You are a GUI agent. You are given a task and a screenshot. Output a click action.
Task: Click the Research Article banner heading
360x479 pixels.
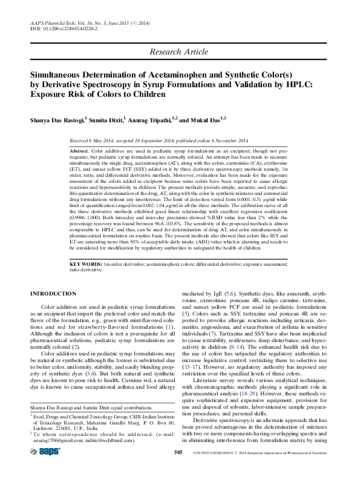pos(180,53)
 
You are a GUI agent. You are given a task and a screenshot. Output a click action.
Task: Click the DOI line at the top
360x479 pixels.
pos(58,28)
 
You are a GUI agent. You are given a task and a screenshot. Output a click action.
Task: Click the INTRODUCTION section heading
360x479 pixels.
pos(53,294)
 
